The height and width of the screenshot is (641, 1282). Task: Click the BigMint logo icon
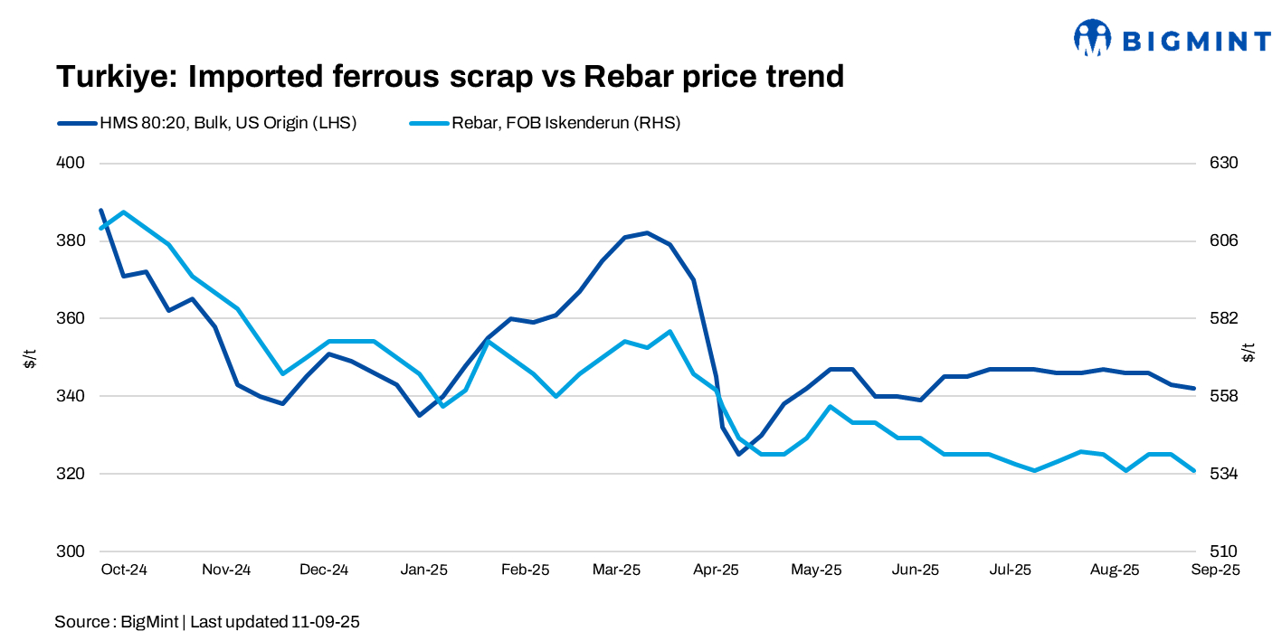tap(1092, 38)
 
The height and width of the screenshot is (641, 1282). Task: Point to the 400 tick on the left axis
tap(71, 164)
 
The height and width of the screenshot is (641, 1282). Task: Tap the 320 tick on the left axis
tap(71, 474)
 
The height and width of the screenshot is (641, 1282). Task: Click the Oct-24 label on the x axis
tap(124, 570)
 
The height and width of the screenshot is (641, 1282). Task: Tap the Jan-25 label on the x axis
tap(424, 570)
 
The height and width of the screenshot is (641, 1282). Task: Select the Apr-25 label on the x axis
tap(716, 570)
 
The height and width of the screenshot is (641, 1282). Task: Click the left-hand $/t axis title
tap(30, 358)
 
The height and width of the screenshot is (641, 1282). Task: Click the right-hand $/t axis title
tap(1249, 353)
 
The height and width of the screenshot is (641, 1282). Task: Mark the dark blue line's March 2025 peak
tap(647, 232)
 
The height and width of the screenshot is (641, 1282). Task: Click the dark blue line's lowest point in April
tap(738, 454)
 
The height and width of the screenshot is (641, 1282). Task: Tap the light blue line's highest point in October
tap(123, 212)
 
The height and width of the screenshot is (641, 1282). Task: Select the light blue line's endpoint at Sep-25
tap(1195, 471)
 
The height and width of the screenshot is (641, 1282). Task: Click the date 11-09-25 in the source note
tap(326, 622)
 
